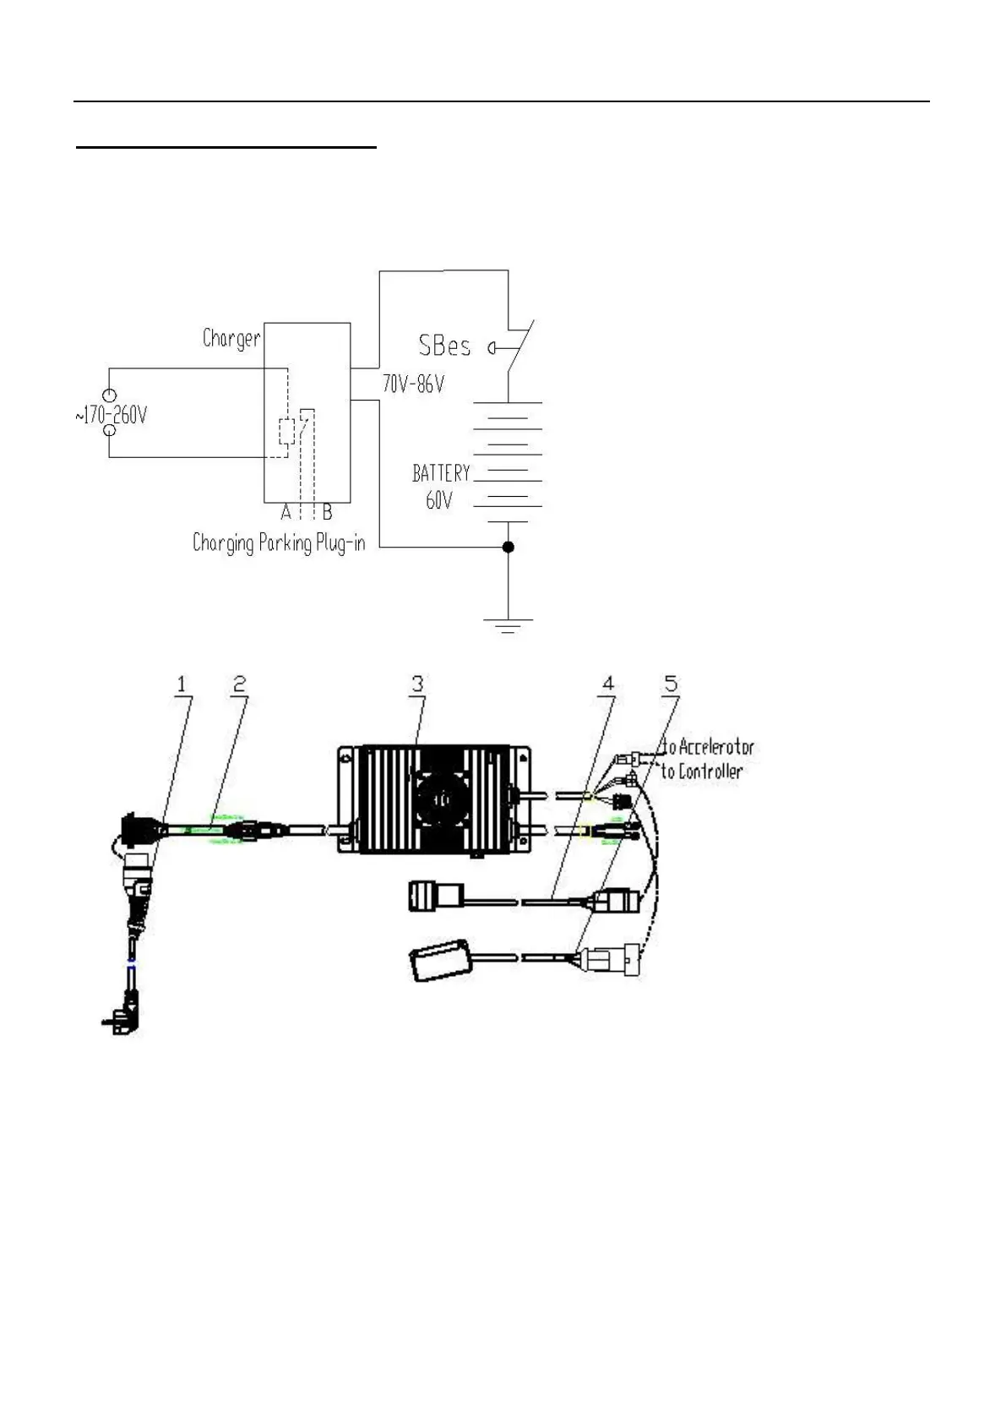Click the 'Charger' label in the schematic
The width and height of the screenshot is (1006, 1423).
pos(231,339)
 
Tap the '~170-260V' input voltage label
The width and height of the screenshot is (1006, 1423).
pos(111,416)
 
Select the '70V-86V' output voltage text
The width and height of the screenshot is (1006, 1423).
pos(413,384)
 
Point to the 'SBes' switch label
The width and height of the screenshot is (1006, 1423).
pos(444,346)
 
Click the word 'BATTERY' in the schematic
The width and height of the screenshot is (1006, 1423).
pos(440,473)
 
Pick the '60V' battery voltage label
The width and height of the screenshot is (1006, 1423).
pos(438,500)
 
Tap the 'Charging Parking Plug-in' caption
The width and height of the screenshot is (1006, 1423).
pos(279,542)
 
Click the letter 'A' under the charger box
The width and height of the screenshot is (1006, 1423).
pos(286,513)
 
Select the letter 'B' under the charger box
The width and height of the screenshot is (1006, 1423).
pos(327,513)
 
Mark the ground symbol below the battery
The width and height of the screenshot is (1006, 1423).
pos(508,625)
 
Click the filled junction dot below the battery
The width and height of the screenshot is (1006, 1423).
pos(508,548)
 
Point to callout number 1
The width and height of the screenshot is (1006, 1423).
pos(181,684)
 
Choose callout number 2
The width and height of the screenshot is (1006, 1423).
pos(239,684)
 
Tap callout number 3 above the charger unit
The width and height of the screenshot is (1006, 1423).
pos(417,684)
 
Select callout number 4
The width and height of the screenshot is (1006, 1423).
pos(607,684)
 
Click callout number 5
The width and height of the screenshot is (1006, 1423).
pos(671,684)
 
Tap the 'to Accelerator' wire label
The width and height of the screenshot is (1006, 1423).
pos(707,748)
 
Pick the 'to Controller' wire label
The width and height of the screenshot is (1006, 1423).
pos(701,771)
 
